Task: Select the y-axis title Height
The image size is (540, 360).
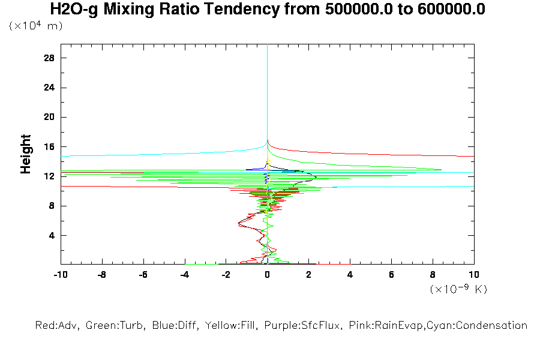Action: (26, 154)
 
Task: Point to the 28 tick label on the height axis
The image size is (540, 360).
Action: (49, 58)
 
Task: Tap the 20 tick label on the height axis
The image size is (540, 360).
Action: (49, 117)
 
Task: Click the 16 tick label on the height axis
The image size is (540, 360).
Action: (49, 146)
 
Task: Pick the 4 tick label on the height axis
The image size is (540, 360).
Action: (52, 235)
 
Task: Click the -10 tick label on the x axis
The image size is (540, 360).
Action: (60, 275)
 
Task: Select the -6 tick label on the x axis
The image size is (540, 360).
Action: (143, 275)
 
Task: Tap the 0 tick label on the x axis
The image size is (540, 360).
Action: (267, 275)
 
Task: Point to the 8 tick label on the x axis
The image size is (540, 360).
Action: (433, 275)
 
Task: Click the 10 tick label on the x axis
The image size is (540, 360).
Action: (474, 275)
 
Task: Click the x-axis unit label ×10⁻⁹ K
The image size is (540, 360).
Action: (458, 289)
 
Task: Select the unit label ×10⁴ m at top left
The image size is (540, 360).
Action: (35, 26)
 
